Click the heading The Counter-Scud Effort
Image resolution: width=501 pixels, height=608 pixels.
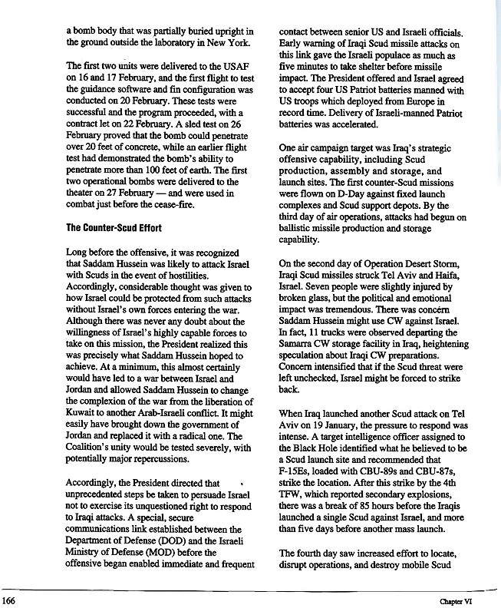pyautogui.click(x=114, y=227)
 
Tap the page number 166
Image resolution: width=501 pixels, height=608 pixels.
pyautogui.click(x=10, y=600)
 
